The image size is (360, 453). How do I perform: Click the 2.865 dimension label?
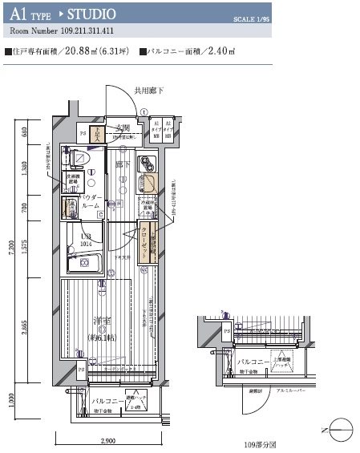click(x=24, y=330)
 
